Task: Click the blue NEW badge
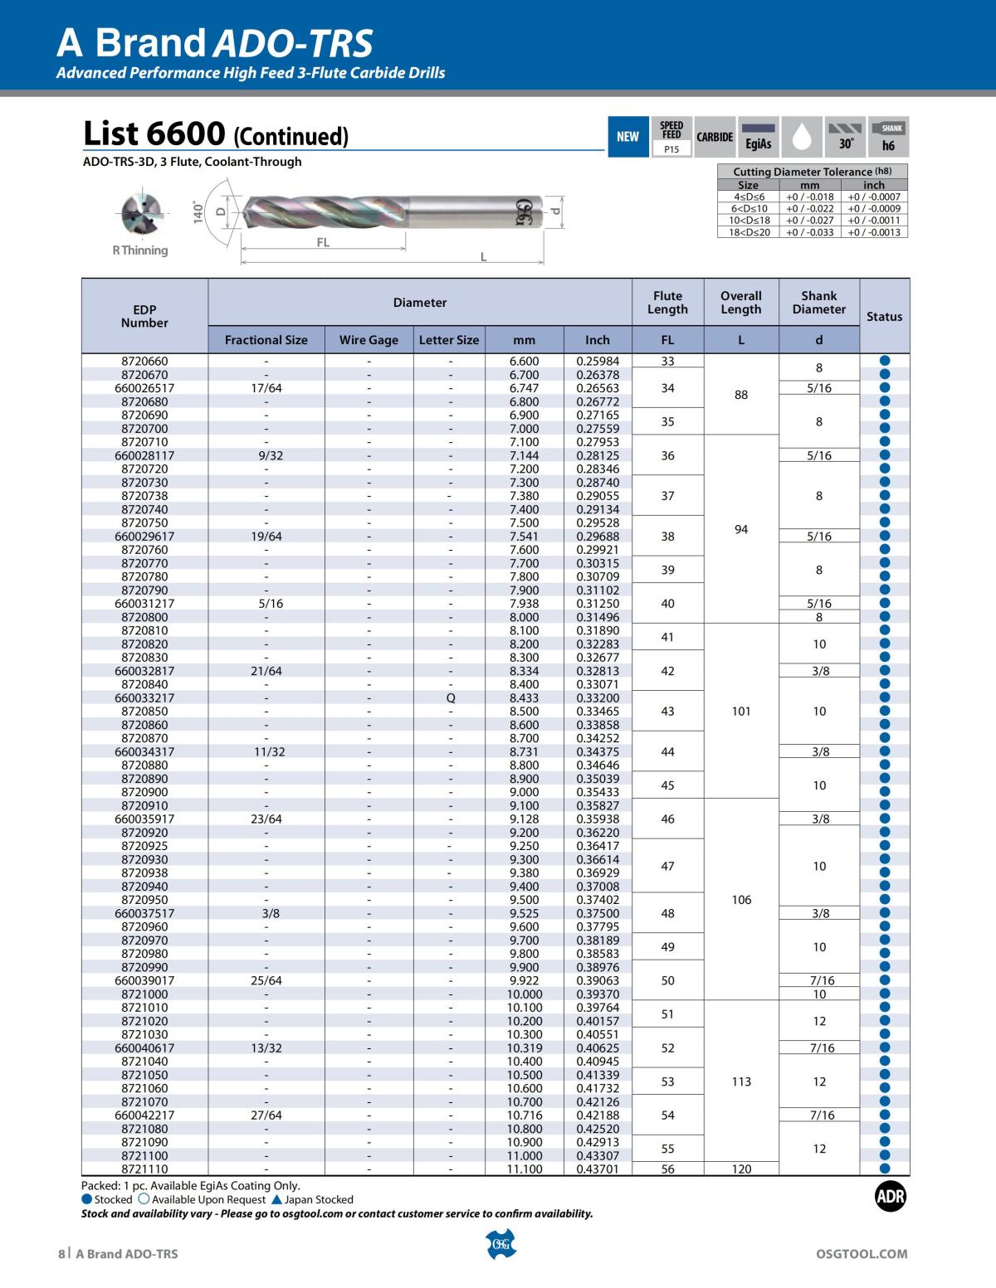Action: click(627, 137)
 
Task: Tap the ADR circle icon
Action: click(891, 1196)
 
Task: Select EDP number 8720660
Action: click(144, 361)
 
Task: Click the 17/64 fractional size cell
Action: click(266, 387)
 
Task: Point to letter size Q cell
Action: click(450, 697)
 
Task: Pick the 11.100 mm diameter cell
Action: click(525, 1169)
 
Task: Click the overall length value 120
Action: click(741, 1169)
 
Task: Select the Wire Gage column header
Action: click(369, 339)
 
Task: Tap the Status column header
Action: click(884, 316)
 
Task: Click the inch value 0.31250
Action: click(598, 603)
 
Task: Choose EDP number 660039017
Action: click(144, 980)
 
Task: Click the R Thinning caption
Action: click(140, 250)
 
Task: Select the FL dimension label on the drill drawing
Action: click(323, 243)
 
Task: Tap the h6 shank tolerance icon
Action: click(888, 137)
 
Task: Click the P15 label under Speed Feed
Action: click(671, 149)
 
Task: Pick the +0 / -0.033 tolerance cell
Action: click(809, 232)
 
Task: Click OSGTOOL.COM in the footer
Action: click(862, 1253)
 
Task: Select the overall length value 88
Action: click(741, 395)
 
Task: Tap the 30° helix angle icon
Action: click(846, 137)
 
